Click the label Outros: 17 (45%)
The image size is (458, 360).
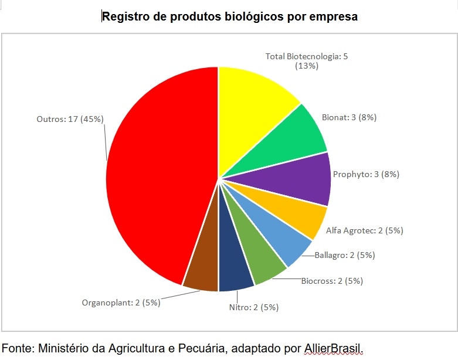[70, 119]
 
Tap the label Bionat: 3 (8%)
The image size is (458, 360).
[349, 117]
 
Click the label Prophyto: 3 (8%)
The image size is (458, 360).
[366, 174]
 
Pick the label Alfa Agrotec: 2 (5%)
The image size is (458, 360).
[364, 230]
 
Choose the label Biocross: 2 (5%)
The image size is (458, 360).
[332, 281]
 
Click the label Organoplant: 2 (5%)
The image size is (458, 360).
[120, 303]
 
